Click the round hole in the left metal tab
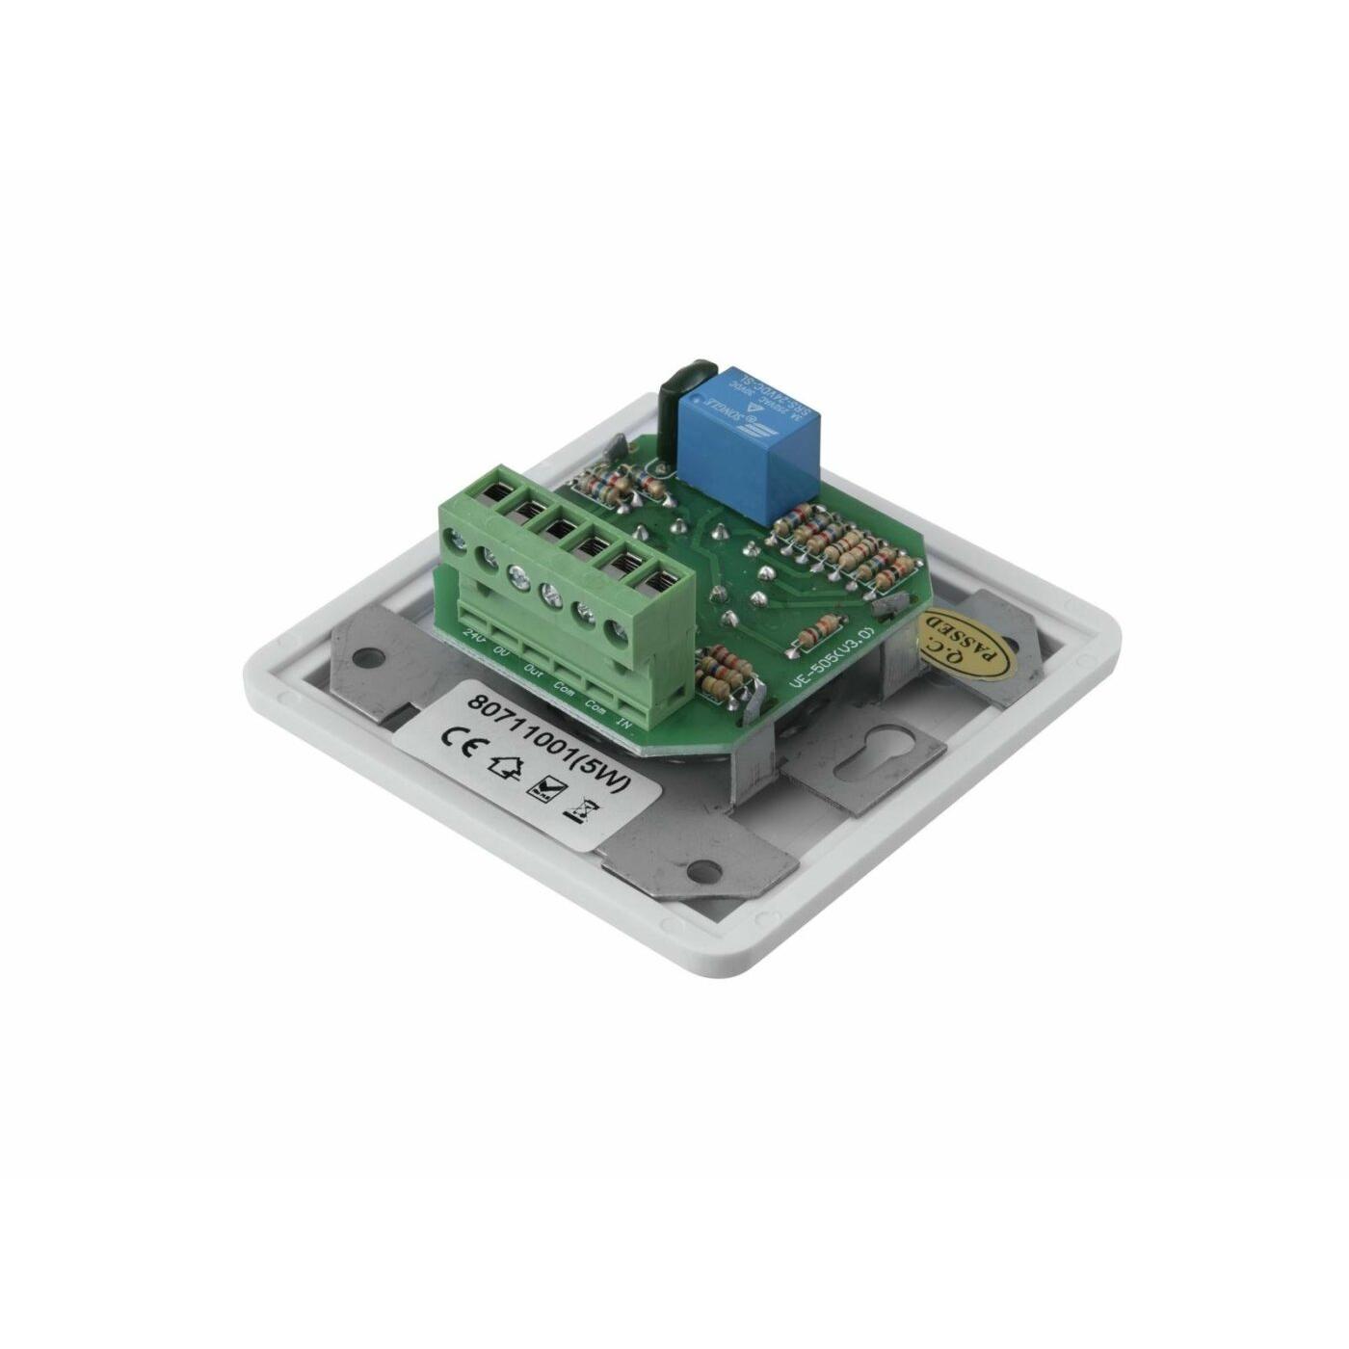pyautogui.click(x=364, y=660)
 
